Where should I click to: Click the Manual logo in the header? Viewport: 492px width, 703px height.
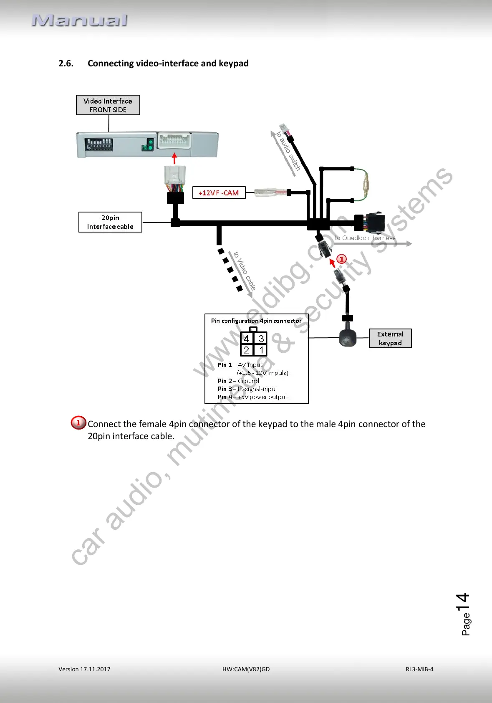(x=79, y=20)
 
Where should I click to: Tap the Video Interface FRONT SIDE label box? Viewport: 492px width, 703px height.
(x=108, y=105)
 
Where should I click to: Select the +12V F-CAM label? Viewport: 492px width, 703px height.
(x=219, y=193)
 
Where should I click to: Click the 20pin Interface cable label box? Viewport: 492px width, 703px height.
(x=110, y=222)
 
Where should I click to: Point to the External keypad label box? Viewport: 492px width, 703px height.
(x=390, y=339)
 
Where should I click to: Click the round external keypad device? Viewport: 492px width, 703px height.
(x=348, y=338)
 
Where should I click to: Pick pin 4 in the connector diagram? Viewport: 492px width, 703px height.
(x=247, y=339)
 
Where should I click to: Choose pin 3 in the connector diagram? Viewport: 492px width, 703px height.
(x=261, y=339)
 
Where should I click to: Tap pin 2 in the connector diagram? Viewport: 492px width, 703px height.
(x=247, y=350)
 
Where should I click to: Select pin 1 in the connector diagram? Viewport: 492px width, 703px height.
(x=261, y=350)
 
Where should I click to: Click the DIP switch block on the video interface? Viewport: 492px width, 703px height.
(x=99, y=144)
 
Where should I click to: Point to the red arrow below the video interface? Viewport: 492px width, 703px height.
(x=174, y=158)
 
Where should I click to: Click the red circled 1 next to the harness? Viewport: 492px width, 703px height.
(x=341, y=259)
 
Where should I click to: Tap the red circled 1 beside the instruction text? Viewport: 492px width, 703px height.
(x=78, y=423)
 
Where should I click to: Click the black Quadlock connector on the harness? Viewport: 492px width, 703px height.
(x=374, y=223)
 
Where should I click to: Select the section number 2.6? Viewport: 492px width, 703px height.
(x=66, y=63)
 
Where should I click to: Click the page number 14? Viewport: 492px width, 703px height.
(x=463, y=602)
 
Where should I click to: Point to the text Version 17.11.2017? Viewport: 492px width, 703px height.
(x=84, y=669)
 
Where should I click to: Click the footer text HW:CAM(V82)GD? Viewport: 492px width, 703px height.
(x=246, y=669)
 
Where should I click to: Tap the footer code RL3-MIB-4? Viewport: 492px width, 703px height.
(x=419, y=669)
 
